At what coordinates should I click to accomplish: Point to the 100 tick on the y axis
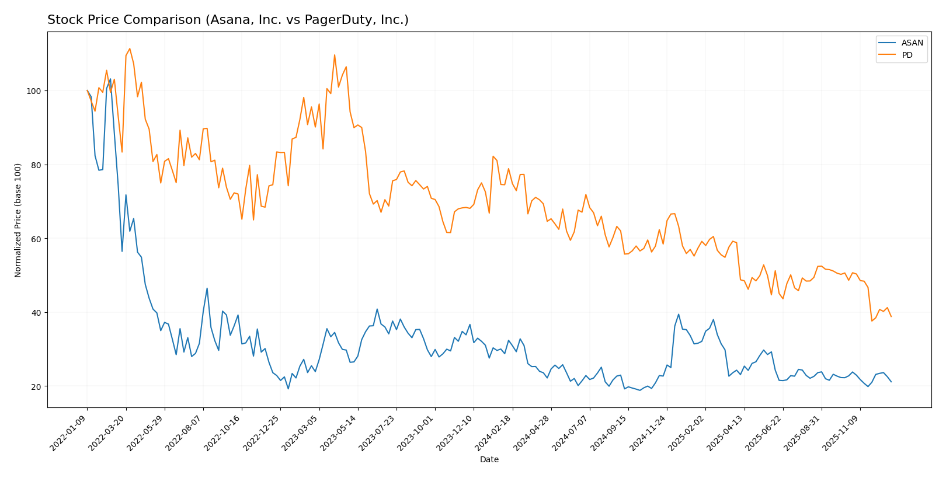(36, 91)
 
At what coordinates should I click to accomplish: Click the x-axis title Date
(489, 460)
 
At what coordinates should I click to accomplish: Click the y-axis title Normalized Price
(18, 220)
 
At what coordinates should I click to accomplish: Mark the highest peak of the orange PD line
(130, 48)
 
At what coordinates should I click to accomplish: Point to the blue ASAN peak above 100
(110, 79)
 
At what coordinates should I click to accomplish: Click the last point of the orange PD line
(891, 316)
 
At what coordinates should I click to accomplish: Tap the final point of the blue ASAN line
(891, 382)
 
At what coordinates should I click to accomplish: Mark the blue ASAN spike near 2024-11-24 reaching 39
(679, 314)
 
